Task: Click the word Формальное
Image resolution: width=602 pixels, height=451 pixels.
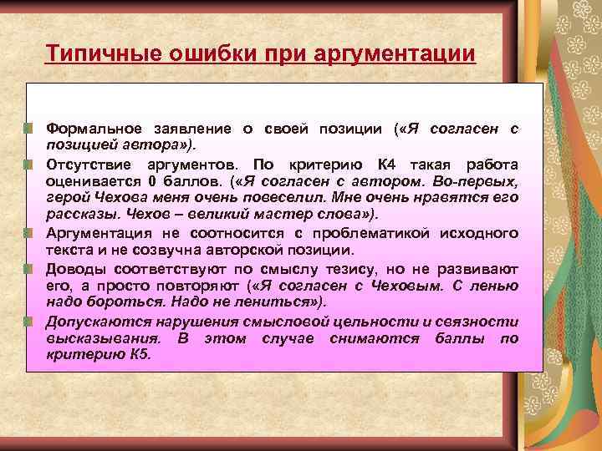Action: pyautogui.click(x=93, y=129)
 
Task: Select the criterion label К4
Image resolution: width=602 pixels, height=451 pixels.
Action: pyautogui.click(x=389, y=164)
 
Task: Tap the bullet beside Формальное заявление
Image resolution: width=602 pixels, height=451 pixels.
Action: pyautogui.click(x=28, y=129)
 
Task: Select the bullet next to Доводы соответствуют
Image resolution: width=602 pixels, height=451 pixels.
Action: pyautogui.click(x=28, y=268)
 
